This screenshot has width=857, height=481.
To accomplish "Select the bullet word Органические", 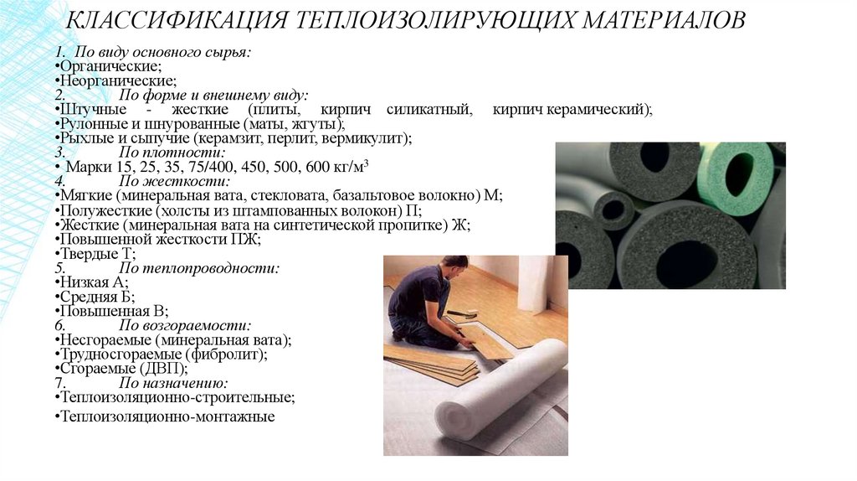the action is pos(110,67).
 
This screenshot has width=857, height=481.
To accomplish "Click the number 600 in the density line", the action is pos(317,167).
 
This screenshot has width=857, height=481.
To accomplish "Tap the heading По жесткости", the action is pos(174,181).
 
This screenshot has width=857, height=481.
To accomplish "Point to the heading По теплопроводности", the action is pos(199,268).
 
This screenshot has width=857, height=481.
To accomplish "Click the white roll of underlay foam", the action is pos(498,388).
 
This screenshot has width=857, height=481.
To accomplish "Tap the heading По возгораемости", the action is pos(185,326).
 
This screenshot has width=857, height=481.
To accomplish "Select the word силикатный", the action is pos(428,110).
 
